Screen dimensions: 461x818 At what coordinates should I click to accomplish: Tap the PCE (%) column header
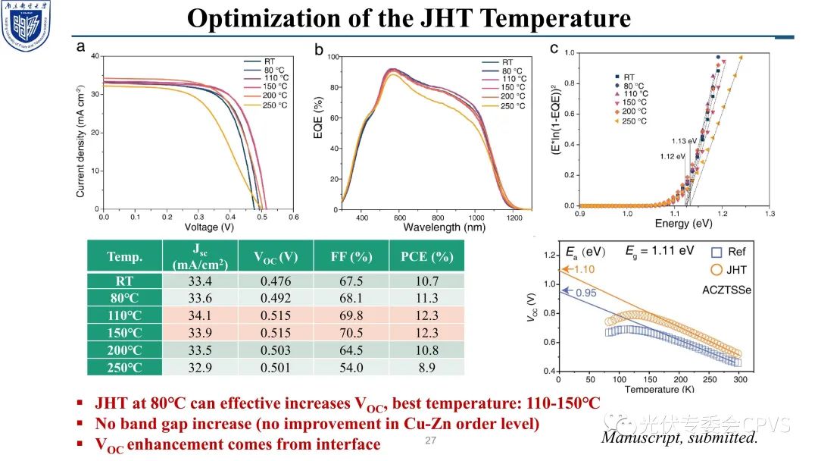click(426, 257)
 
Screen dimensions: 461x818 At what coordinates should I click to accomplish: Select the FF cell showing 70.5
click(351, 331)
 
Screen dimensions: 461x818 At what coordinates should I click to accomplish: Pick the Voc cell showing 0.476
click(275, 281)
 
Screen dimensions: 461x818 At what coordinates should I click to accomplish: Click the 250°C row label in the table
click(124, 366)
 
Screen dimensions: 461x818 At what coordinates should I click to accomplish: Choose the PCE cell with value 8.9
click(426, 366)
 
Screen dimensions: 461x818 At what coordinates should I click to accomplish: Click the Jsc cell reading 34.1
click(200, 315)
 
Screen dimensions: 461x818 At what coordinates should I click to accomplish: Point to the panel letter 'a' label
click(80, 47)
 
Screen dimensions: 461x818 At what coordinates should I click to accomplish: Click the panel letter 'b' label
click(319, 51)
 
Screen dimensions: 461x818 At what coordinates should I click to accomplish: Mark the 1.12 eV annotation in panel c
click(673, 156)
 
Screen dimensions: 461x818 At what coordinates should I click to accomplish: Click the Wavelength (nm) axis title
click(444, 227)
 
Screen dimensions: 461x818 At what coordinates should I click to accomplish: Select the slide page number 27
click(431, 441)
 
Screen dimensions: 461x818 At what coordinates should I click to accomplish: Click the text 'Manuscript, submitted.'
click(679, 437)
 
